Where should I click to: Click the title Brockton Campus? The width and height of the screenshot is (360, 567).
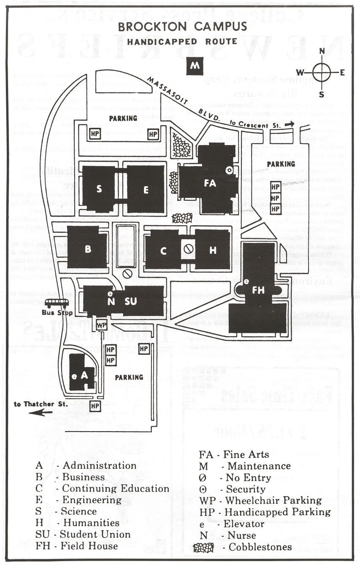(x=182, y=27)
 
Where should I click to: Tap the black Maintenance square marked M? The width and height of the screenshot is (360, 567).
(x=195, y=66)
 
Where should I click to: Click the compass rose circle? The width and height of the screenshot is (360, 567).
(x=322, y=72)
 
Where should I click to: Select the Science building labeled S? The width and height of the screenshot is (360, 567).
(x=99, y=189)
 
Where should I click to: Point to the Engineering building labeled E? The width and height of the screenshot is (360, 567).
(x=146, y=189)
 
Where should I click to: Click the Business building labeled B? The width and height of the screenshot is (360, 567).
(x=88, y=248)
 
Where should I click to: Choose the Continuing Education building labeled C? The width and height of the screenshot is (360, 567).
(x=163, y=251)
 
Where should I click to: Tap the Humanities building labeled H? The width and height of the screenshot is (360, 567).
(x=213, y=250)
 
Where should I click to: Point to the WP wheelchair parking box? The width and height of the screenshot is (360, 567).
(x=101, y=325)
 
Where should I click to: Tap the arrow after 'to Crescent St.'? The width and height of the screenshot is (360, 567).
(x=288, y=124)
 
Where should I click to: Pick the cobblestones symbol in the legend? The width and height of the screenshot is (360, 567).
(x=204, y=547)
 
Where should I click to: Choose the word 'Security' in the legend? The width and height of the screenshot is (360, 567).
(x=246, y=489)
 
